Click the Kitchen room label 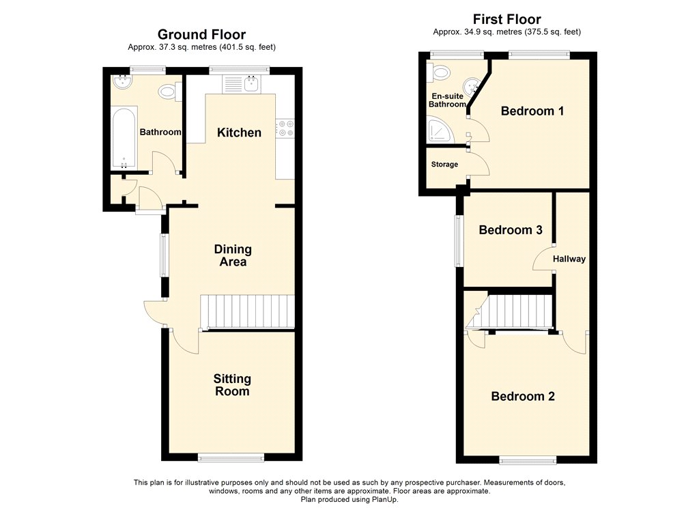point(239,132)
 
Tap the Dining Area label point(233,255)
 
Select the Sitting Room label point(232,385)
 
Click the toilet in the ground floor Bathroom point(170,92)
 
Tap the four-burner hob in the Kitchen point(285,127)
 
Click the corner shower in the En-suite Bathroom point(440,130)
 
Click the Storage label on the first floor point(444,164)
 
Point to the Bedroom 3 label point(511,230)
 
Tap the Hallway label point(569,259)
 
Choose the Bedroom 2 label point(523,397)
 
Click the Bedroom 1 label point(532,111)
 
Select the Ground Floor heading point(201,34)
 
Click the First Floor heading point(507,19)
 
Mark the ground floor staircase point(248,312)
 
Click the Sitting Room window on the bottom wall point(231,457)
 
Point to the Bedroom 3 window point(458,241)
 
